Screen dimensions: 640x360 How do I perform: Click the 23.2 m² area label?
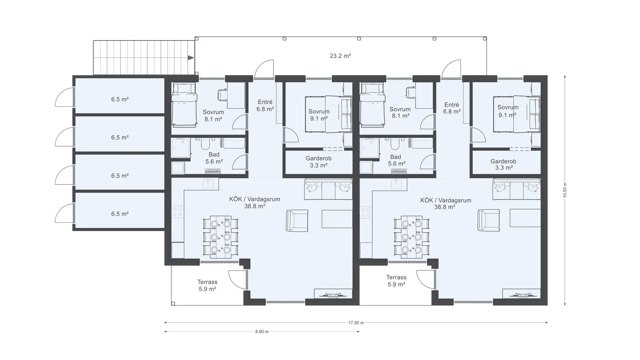[x=340, y=56]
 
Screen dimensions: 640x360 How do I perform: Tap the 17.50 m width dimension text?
[x=356, y=323]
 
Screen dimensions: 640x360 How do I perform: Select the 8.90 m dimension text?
[x=262, y=332]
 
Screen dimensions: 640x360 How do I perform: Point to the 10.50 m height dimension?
[x=565, y=190]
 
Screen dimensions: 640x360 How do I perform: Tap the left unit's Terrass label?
[x=207, y=282]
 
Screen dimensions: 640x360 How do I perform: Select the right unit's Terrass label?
[x=396, y=277]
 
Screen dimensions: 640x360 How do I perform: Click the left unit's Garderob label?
[x=318, y=158]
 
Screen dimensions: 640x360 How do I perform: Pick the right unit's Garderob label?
[x=504, y=162]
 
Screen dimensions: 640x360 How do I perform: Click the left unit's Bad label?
[x=214, y=155]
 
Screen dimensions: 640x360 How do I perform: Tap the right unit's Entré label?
[x=452, y=105]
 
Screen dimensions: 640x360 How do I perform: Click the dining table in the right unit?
[x=412, y=237]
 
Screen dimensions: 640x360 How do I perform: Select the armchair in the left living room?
[x=297, y=221]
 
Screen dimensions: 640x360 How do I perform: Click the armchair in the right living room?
[x=488, y=220]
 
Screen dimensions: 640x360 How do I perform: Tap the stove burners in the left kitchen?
[x=178, y=212]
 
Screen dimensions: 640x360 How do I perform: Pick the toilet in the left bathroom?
[x=205, y=144]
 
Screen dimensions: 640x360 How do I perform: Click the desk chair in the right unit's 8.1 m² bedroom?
[x=411, y=92]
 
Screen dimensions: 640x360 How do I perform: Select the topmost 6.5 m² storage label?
[x=120, y=99]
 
